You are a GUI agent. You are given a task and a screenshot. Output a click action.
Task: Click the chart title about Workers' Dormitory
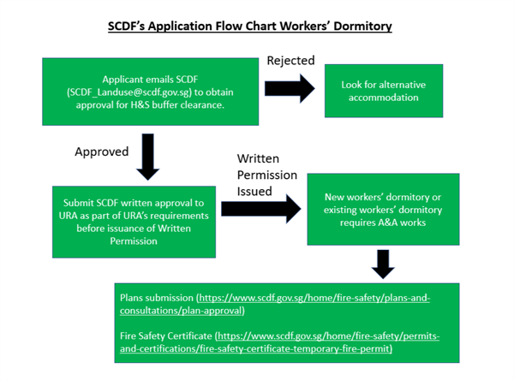tap(250, 27)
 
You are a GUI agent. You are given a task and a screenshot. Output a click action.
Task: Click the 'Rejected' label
tap(290, 61)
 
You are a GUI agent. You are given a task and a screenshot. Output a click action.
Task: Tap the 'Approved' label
tap(102, 151)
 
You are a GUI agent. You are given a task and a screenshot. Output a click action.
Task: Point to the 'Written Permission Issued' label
tap(267, 175)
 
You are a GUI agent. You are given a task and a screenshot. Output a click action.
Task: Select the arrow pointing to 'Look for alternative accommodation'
tap(290, 88)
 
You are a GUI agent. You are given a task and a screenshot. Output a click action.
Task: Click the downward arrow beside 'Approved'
tap(148, 157)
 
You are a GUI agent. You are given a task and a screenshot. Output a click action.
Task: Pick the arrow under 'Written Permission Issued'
tap(261, 209)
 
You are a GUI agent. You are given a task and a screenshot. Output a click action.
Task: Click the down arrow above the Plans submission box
tap(383, 264)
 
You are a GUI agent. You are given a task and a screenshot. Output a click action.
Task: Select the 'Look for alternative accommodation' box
tap(384, 91)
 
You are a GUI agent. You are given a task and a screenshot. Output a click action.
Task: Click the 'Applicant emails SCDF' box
tap(151, 92)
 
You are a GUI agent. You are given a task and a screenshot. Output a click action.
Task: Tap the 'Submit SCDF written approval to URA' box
tap(134, 223)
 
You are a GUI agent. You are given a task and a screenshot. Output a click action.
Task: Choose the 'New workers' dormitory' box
tap(383, 210)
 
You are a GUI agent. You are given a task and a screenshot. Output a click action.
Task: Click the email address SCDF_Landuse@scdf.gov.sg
tap(129, 92)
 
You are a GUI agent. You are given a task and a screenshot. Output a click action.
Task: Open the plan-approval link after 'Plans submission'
tap(275, 304)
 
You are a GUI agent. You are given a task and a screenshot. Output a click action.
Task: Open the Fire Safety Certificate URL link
tap(279, 342)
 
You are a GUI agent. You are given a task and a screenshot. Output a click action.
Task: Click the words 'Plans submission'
tap(157, 298)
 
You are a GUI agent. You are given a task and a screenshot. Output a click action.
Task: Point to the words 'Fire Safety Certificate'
tap(166, 336)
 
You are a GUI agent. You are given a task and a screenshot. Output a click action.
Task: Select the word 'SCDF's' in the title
tap(127, 27)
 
